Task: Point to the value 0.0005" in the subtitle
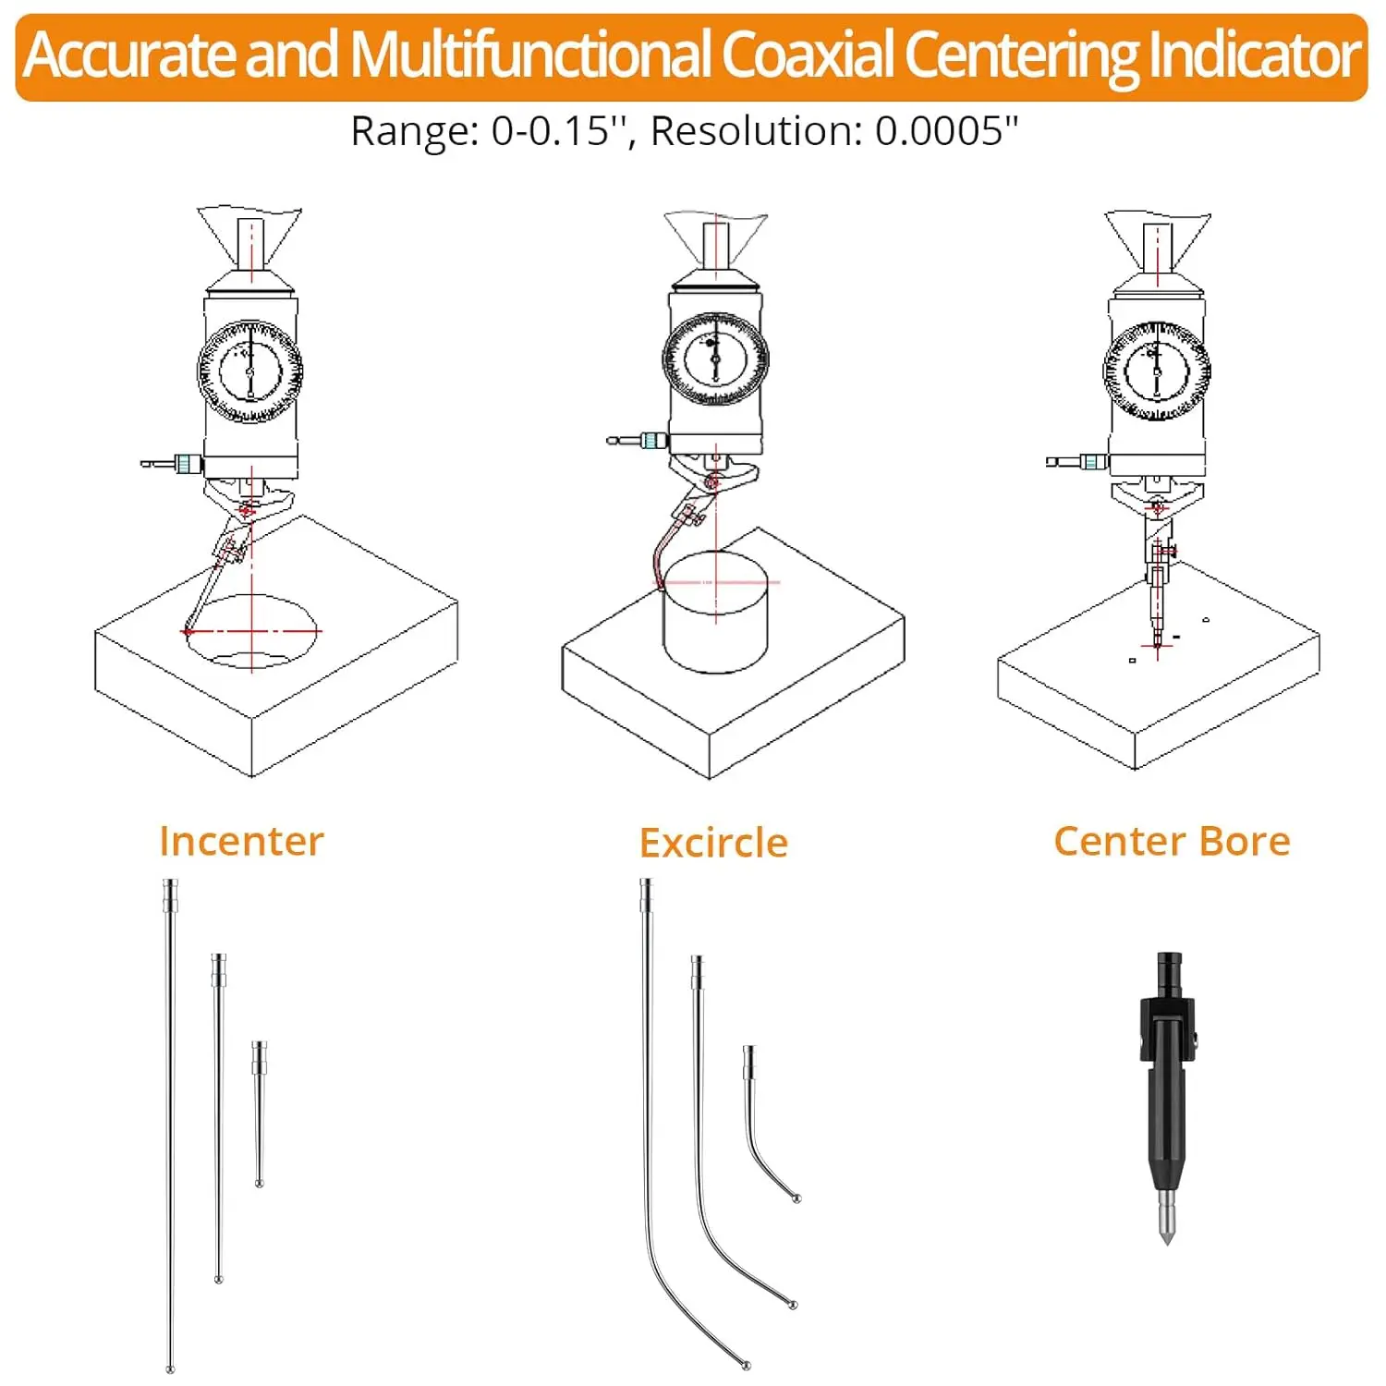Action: point(946,131)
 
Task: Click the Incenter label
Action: point(241,841)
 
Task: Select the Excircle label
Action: point(713,843)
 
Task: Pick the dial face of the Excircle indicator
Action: point(715,359)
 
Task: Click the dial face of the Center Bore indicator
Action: point(1157,371)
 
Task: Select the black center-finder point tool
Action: point(1167,1090)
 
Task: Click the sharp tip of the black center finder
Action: point(1167,1240)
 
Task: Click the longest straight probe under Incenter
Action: point(170,1127)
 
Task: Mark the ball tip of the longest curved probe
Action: point(746,1364)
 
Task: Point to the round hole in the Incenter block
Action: point(251,633)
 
